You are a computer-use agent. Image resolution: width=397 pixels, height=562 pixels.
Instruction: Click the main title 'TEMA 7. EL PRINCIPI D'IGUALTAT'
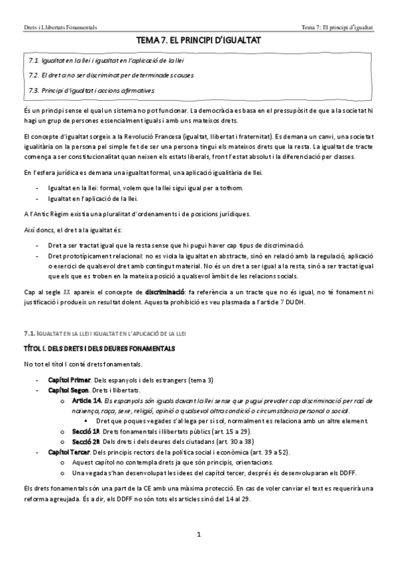pyautogui.click(x=198, y=41)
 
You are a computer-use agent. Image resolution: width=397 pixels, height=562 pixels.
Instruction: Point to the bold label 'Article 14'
pyautogui.click(x=86, y=401)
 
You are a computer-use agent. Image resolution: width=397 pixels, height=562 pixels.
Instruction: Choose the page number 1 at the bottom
pyautogui.click(x=198, y=534)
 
